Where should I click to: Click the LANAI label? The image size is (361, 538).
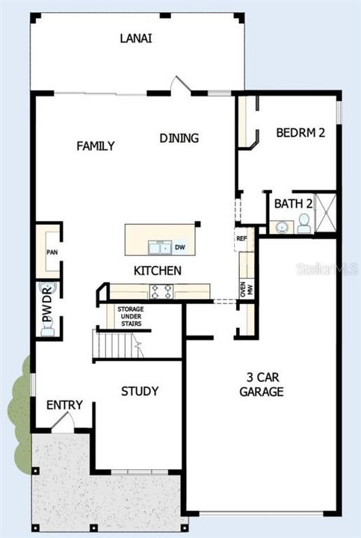(x=136, y=38)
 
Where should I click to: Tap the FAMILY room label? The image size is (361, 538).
(x=96, y=146)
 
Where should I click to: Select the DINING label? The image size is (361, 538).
(x=179, y=137)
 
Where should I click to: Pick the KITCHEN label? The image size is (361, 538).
(x=157, y=270)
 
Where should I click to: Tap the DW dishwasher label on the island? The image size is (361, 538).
(x=179, y=247)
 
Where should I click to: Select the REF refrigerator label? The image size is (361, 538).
(x=241, y=239)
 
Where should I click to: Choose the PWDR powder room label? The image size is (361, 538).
(x=47, y=305)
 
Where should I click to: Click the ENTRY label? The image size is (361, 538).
(x=64, y=405)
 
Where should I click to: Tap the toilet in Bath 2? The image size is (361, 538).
(x=304, y=222)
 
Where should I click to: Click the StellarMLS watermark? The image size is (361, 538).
(x=327, y=267)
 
